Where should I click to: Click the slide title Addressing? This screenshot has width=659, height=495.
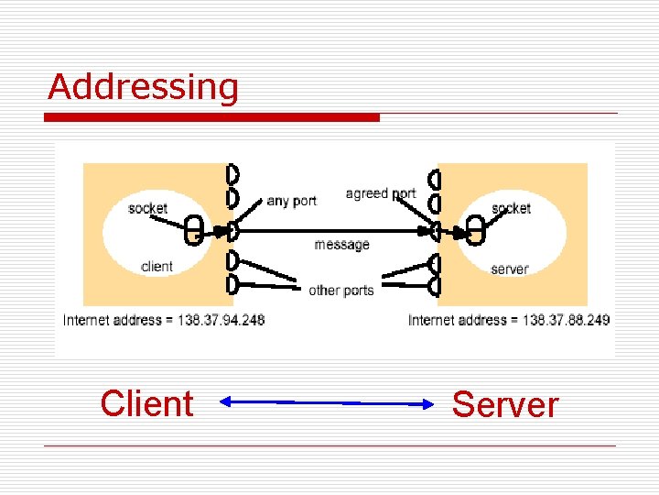[x=143, y=87]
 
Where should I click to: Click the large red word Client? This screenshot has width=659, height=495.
[x=146, y=403]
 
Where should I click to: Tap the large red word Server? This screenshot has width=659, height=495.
[x=504, y=404]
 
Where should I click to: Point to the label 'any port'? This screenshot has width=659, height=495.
[x=291, y=201]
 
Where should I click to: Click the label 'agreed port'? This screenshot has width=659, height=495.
[x=380, y=193]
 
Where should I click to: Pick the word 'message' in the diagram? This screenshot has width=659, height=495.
[x=341, y=245]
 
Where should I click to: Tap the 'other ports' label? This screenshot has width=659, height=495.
[x=340, y=291]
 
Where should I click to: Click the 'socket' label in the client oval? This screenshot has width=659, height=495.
[x=147, y=208]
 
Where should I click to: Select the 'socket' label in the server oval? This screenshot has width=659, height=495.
[x=511, y=208]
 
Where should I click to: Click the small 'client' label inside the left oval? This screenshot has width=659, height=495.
[x=157, y=267]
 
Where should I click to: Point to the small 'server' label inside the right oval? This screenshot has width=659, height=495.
[x=509, y=269]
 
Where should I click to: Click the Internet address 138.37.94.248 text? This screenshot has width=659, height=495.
[x=164, y=320]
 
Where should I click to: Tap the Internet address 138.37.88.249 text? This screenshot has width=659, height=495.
[x=509, y=320]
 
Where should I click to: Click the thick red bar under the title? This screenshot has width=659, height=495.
[x=212, y=117]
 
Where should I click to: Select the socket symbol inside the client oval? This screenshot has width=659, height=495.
[x=193, y=231]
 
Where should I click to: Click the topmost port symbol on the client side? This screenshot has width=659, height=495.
[x=232, y=173]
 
